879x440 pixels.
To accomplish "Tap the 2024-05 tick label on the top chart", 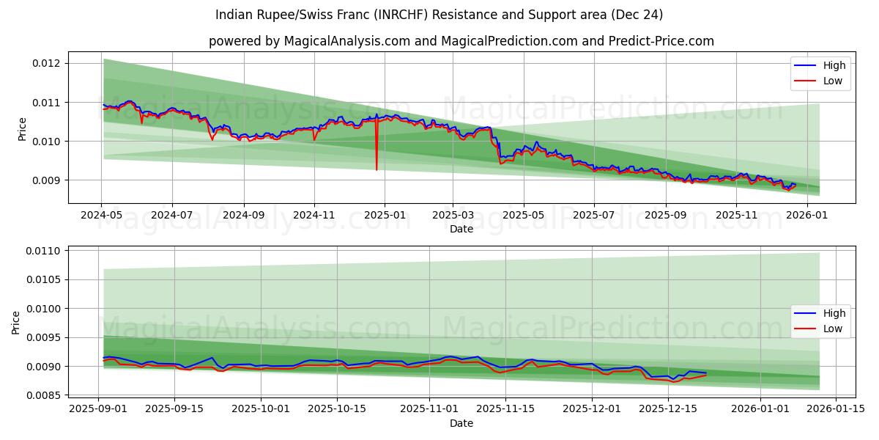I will point(101,215).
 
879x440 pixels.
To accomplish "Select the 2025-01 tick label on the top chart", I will point(384,215).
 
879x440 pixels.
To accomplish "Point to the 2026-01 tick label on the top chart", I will point(810,215).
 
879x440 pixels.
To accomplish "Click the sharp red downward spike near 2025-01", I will point(377,167).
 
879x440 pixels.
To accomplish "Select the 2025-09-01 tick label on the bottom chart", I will point(99,409).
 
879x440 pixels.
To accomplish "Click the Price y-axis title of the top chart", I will point(23,129).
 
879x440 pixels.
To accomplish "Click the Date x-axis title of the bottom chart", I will point(461,423).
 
